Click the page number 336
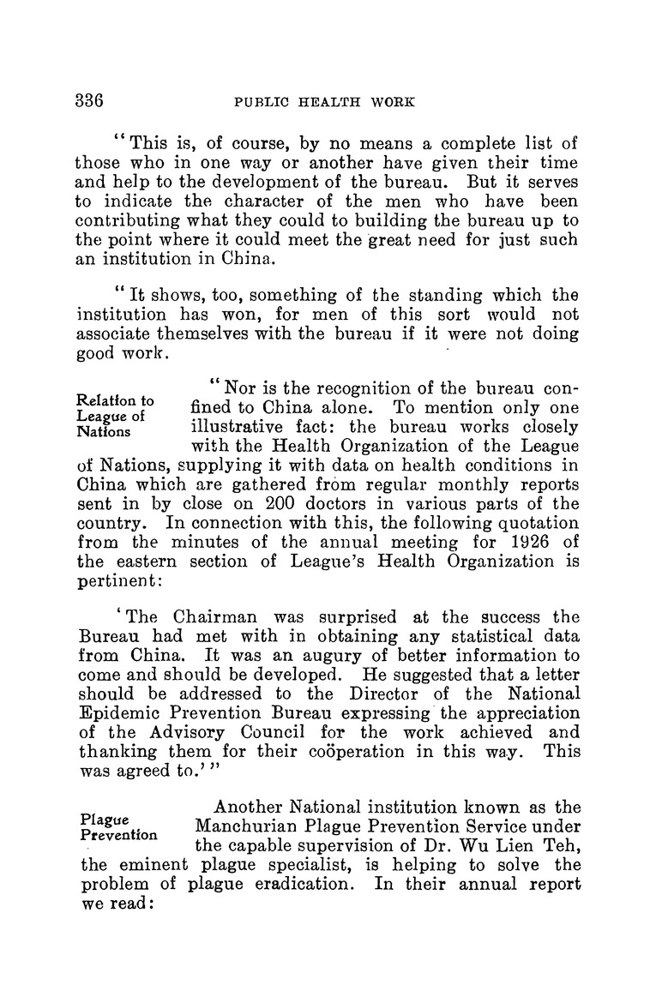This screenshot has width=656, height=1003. (89, 99)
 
